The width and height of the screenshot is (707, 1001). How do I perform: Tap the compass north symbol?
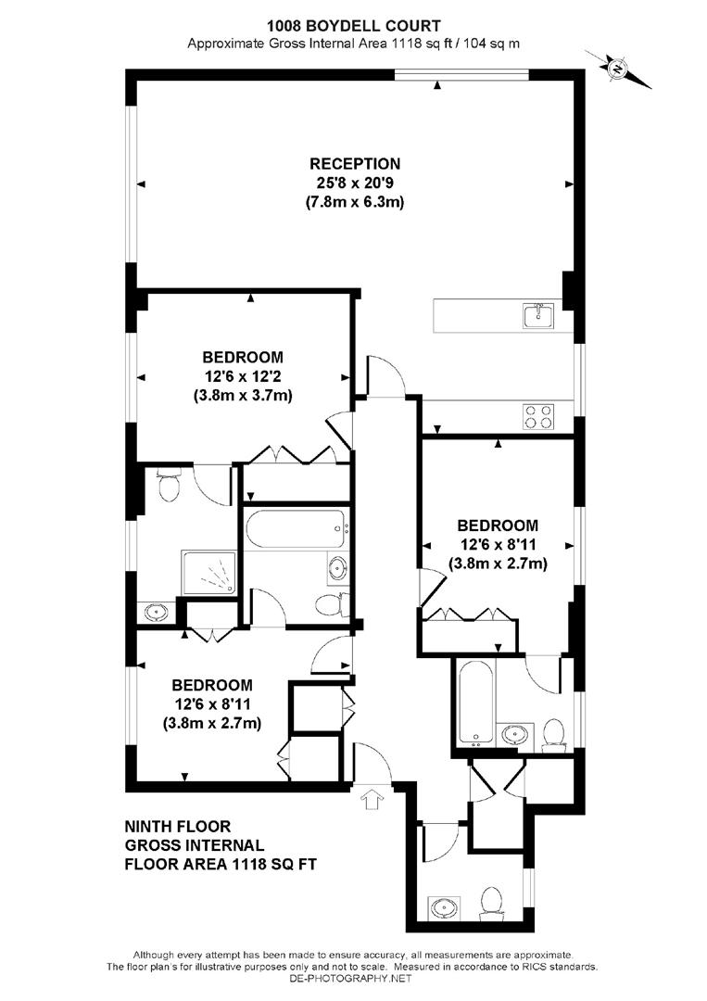pyautogui.click(x=617, y=68)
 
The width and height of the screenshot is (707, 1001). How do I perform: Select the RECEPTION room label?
pyautogui.click(x=355, y=164)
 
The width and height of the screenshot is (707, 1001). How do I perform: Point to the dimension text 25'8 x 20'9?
pyautogui.click(x=355, y=183)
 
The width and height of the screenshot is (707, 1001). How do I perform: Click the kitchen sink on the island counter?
pyautogui.click(x=538, y=316)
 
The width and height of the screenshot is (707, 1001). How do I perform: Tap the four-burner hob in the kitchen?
pyautogui.click(x=538, y=416)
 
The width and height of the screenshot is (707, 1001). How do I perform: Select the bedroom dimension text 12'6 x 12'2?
pyautogui.click(x=243, y=375)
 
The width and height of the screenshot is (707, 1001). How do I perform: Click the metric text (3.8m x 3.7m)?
pyautogui.click(x=243, y=395)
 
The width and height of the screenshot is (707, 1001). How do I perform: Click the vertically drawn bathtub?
pyautogui.click(x=474, y=701)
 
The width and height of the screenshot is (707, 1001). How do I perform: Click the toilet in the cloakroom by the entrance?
pyautogui.click(x=490, y=900)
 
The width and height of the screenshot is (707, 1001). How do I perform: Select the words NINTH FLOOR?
pyautogui.click(x=177, y=826)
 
